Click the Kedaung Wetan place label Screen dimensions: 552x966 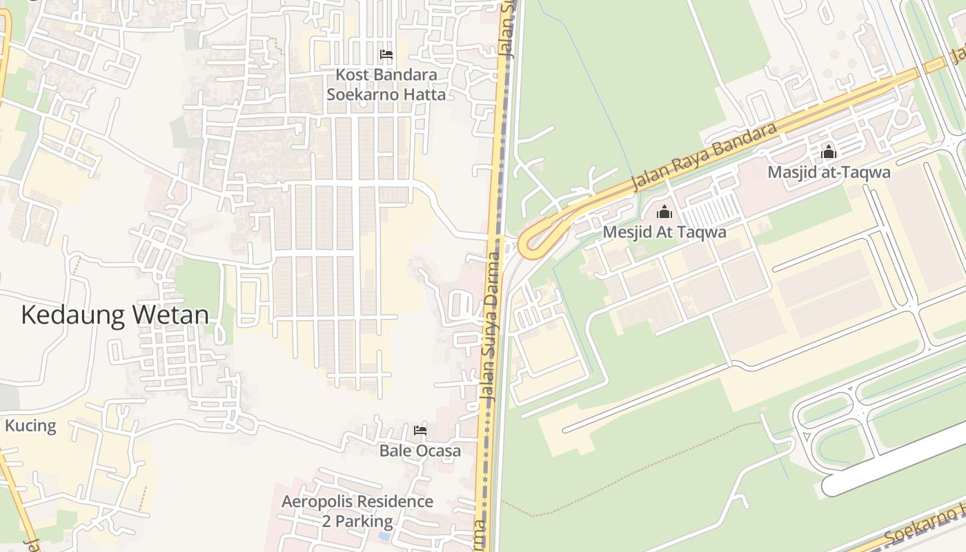tap(115, 315)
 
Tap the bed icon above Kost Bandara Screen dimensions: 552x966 tap(386, 54)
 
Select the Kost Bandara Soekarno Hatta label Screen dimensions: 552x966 tap(386, 84)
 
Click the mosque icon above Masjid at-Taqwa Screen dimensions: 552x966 tap(829, 152)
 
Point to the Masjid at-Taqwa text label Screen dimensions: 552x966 tap(829, 172)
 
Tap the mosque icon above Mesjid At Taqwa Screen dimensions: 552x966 tap(664, 212)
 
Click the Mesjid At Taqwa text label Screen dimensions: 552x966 tap(664, 232)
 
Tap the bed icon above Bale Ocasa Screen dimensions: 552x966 tap(420, 431)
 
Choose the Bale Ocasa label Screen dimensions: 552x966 tap(420, 451)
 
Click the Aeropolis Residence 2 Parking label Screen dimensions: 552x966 tap(357, 511)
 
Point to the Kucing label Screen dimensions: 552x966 tap(30, 425)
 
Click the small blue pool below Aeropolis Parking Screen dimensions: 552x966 tap(384, 535)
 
